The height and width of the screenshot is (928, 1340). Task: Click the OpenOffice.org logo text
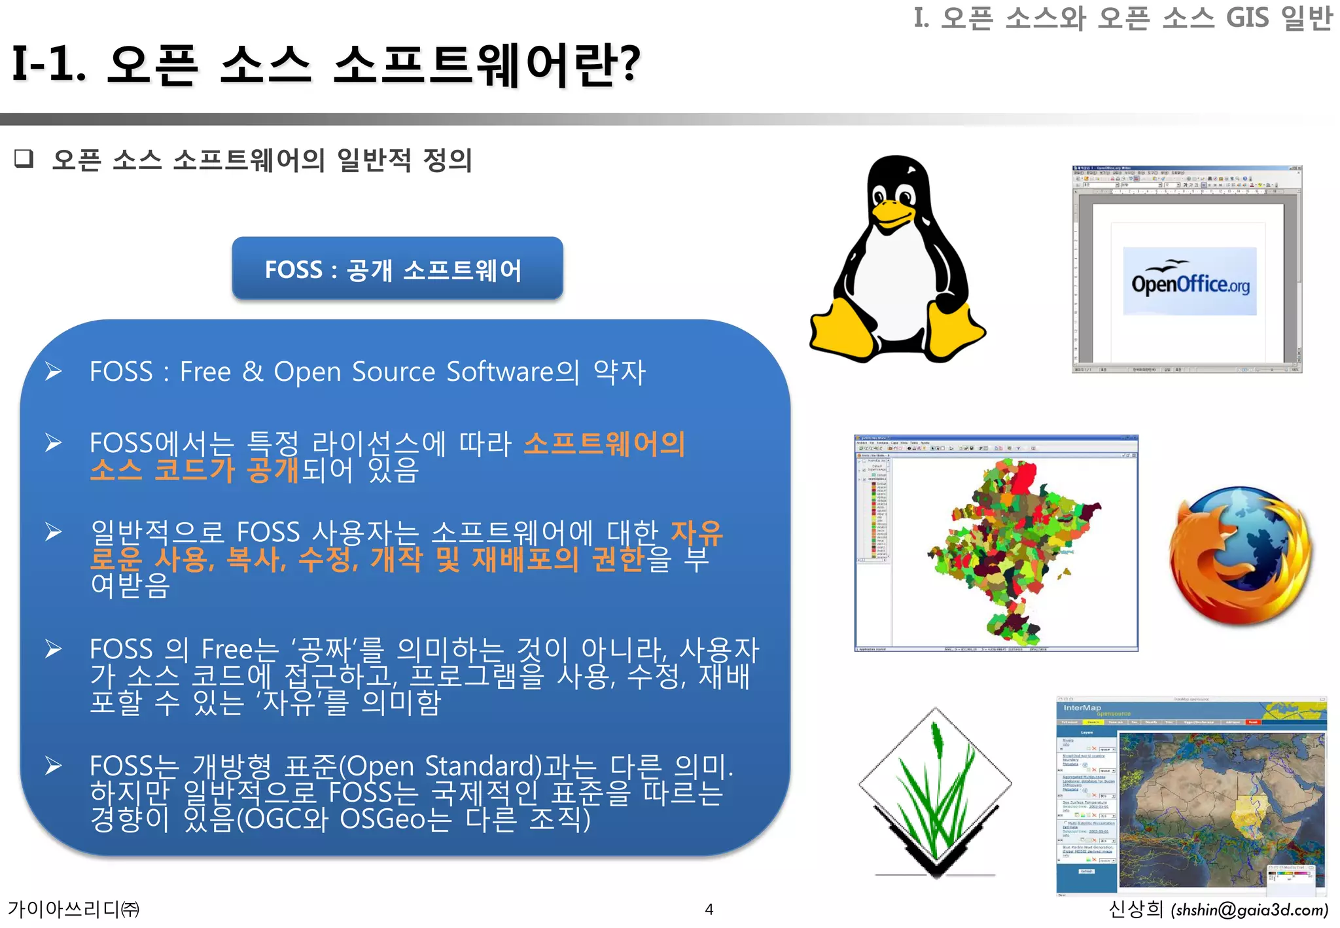tap(1190, 283)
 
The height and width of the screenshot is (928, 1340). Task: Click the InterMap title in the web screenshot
tap(1082, 707)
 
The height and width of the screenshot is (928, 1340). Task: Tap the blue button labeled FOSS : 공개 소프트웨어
tap(397, 269)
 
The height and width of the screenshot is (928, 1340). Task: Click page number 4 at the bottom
tap(709, 909)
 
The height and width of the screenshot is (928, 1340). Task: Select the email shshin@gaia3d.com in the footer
tap(1250, 910)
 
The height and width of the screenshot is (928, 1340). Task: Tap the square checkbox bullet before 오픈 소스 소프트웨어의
tap(24, 158)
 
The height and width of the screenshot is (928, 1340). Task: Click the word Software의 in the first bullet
tap(512, 372)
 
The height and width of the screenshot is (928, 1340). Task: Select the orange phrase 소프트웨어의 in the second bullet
tap(603, 443)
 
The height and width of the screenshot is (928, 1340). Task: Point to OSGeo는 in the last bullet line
tap(395, 819)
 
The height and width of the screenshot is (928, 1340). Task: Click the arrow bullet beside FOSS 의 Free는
tap(54, 649)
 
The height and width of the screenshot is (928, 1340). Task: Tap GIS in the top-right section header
tap(1246, 18)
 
